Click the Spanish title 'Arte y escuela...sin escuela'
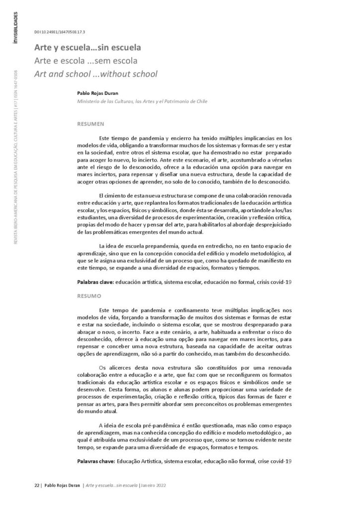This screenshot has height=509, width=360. (88, 48)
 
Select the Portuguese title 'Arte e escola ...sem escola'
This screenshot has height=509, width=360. (86, 61)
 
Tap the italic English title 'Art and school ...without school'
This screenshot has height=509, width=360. (95, 74)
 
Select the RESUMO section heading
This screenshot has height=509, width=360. (89, 295)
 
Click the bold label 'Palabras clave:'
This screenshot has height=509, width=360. (95, 282)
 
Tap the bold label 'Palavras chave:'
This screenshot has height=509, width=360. (96, 461)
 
